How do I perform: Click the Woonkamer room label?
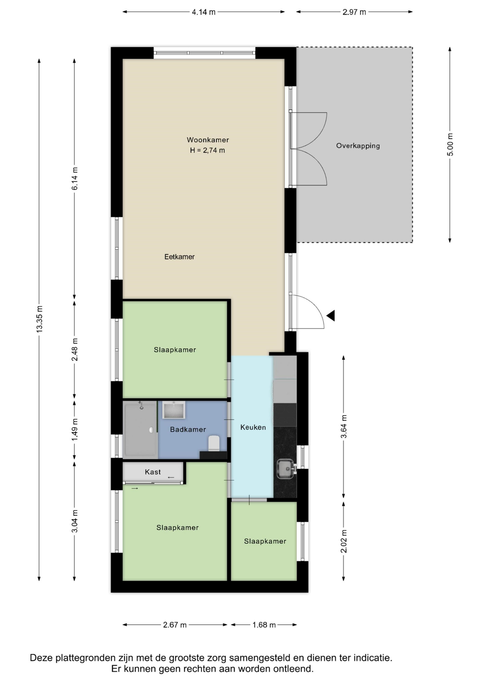208,140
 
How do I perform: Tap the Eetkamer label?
179,257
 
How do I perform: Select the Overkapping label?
358,146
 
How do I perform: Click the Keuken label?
253,428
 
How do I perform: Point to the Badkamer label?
188,430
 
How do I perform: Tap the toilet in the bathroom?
214,443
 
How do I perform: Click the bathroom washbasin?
174,410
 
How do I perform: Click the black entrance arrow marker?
331,316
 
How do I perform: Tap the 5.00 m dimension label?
450,145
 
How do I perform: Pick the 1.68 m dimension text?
264,625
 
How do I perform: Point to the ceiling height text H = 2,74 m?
208,150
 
